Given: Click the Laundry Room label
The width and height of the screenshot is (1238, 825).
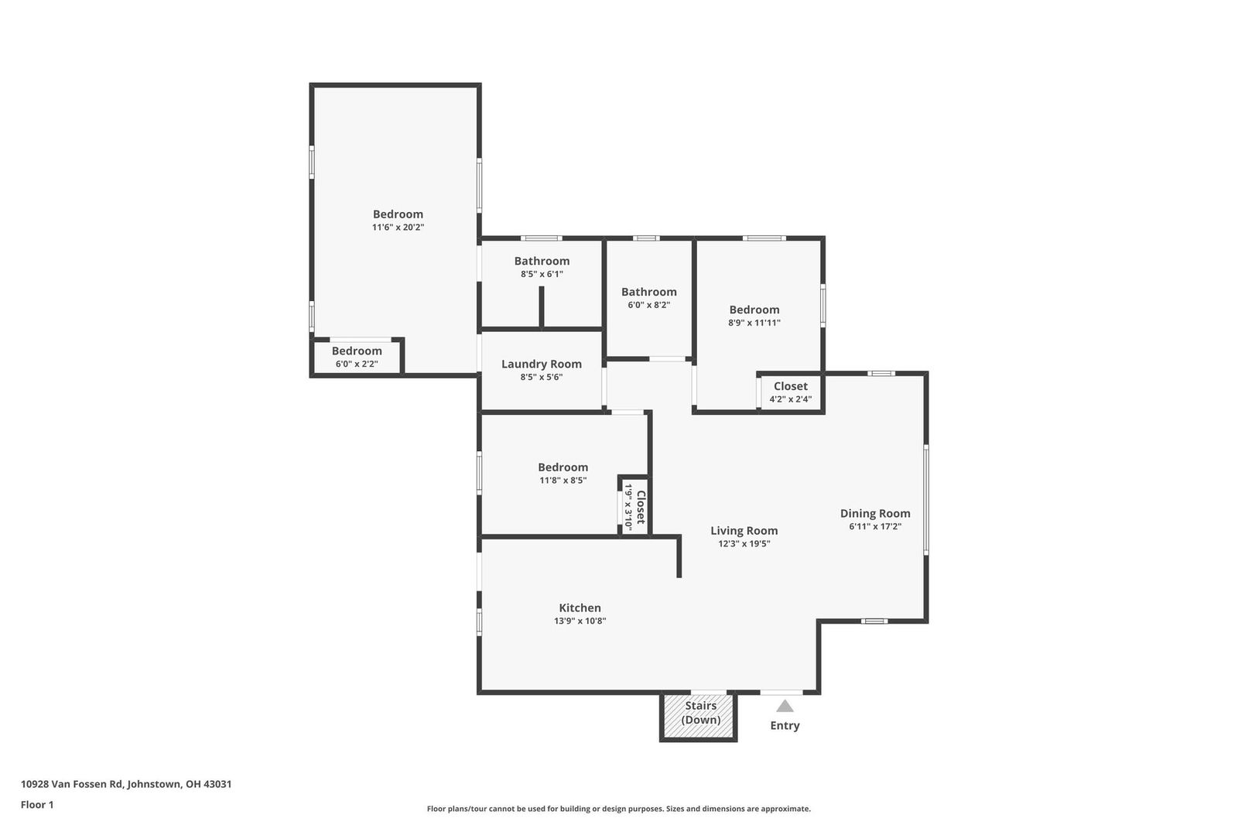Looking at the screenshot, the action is (x=541, y=364).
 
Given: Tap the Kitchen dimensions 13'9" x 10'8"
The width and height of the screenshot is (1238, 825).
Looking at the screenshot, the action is (x=580, y=621).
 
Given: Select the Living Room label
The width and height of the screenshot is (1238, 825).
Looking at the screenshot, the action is (x=744, y=531).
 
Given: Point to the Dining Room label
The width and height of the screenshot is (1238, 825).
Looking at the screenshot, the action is (x=875, y=514).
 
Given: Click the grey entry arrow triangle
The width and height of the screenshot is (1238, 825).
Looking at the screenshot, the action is (x=785, y=706).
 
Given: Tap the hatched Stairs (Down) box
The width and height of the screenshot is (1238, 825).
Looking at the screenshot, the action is (x=699, y=716).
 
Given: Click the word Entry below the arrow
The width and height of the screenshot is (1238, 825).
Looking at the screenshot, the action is (x=785, y=725).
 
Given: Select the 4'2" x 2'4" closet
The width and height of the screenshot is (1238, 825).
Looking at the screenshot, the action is (x=790, y=392).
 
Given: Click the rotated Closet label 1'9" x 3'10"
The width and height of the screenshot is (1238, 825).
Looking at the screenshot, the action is (x=634, y=507).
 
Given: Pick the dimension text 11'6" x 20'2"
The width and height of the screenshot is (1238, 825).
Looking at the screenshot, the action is (x=398, y=228).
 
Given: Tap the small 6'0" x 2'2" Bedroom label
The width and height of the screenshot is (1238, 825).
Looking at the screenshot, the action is (x=357, y=357).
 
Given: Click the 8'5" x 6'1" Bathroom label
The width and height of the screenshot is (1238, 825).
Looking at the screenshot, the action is (x=542, y=266).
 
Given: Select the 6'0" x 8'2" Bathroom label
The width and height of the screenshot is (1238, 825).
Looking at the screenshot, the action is (x=649, y=297).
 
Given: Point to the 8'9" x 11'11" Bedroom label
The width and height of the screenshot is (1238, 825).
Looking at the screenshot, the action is (x=754, y=316).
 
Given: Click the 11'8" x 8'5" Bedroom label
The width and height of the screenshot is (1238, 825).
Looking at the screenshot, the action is (x=563, y=474).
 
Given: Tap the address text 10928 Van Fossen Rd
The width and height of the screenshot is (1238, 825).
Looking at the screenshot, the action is (x=71, y=784).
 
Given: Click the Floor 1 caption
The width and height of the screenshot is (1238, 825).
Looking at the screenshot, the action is (x=37, y=805).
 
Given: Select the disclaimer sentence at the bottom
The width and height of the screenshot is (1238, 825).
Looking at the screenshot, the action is (x=618, y=809).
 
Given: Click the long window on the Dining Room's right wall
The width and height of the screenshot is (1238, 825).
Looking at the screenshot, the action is (x=925, y=499).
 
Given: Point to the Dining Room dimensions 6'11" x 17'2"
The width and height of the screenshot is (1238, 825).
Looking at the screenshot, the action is (x=875, y=526).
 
